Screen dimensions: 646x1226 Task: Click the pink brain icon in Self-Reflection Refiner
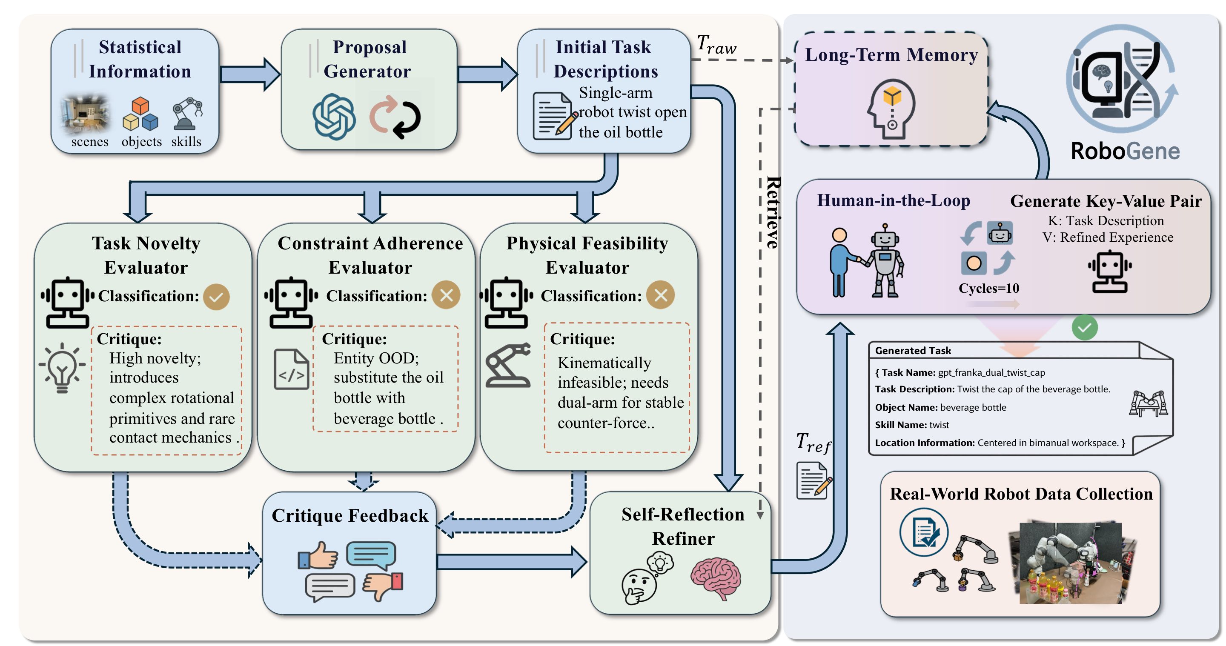click(x=715, y=578)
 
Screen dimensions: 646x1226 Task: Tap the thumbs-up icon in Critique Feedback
click(x=318, y=556)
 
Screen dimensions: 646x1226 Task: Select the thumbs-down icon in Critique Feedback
click(x=383, y=586)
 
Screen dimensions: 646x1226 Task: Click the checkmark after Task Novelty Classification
click(x=216, y=297)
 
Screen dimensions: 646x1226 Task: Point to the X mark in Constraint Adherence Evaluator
click(x=446, y=295)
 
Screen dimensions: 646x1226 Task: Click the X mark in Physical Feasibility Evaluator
click(x=660, y=295)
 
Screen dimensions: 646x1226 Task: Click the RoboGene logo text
click(x=1125, y=151)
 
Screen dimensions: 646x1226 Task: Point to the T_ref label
click(x=814, y=443)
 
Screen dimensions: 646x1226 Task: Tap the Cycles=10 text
click(x=988, y=288)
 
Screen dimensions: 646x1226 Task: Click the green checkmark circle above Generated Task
click(x=1084, y=328)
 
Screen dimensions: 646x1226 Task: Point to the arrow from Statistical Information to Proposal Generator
click(x=249, y=74)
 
